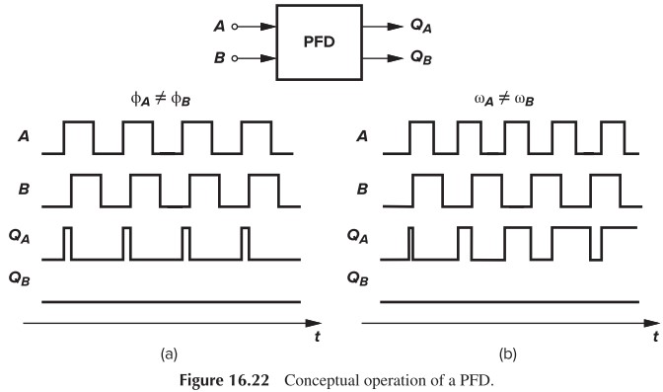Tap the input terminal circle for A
point(234,28)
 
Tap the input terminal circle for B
point(234,58)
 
